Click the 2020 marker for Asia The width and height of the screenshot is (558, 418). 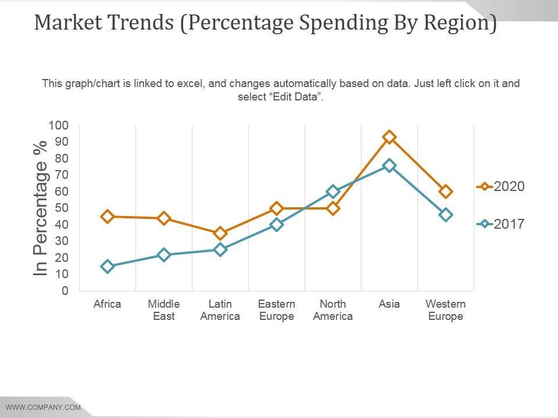pyautogui.click(x=389, y=137)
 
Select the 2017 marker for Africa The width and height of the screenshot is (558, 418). pyautogui.click(x=108, y=266)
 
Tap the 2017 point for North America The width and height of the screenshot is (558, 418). pyautogui.click(x=333, y=191)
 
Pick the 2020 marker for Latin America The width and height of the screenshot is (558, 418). pyautogui.click(x=220, y=233)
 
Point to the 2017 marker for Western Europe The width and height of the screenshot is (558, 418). pyautogui.click(x=446, y=215)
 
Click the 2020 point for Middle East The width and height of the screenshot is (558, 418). pyautogui.click(x=164, y=218)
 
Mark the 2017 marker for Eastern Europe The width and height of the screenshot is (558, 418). pyautogui.click(x=277, y=225)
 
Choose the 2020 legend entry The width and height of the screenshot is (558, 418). pyautogui.click(x=501, y=186)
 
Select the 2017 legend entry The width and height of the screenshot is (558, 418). pyautogui.click(x=501, y=224)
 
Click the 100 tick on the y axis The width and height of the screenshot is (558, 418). pyautogui.click(x=59, y=125)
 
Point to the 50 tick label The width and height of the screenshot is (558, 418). pyautogui.click(x=62, y=208)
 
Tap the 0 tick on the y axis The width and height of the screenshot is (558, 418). pyautogui.click(x=65, y=291)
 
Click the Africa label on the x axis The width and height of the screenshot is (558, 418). pyautogui.click(x=108, y=304)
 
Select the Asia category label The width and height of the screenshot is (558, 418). pyautogui.click(x=389, y=304)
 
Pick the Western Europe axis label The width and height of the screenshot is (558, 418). pyautogui.click(x=446, y=310)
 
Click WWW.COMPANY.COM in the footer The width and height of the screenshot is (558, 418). pyautogui.click(x=43, y=407)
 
